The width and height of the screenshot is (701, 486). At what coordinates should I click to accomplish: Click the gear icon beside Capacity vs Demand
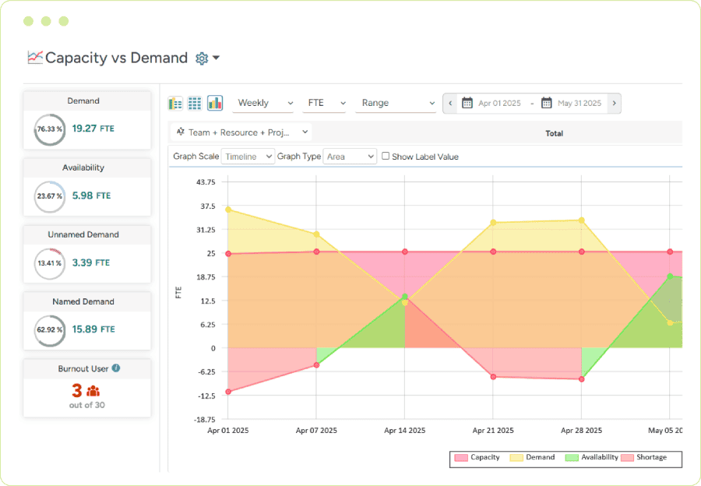[202, 58]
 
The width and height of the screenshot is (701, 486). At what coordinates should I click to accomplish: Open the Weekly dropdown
[266, 103]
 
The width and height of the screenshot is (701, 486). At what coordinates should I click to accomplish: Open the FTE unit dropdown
[326, 103]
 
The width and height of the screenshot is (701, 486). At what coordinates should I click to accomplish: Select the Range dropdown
[396, 103]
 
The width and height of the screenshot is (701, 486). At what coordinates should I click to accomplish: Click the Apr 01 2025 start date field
[498, 103]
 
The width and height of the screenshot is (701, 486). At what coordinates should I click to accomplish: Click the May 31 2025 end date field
[579, 103]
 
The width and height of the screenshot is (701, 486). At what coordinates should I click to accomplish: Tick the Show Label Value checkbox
[386, 156]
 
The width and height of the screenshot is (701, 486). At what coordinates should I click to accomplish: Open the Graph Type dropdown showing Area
[350, 157]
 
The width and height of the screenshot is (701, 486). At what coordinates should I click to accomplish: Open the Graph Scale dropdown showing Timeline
[248, 157]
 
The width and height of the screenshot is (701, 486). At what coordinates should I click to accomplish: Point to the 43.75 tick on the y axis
[206, 182]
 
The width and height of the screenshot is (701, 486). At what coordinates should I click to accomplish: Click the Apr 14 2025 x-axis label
[405, 430]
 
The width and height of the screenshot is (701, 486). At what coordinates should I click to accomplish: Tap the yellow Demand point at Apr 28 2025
[581, 220]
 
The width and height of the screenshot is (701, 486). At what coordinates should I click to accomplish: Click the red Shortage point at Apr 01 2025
[228, 391]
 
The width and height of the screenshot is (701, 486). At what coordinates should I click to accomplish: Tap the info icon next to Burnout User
[116, 368]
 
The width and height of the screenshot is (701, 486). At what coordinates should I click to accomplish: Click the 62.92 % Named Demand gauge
[49, 329]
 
